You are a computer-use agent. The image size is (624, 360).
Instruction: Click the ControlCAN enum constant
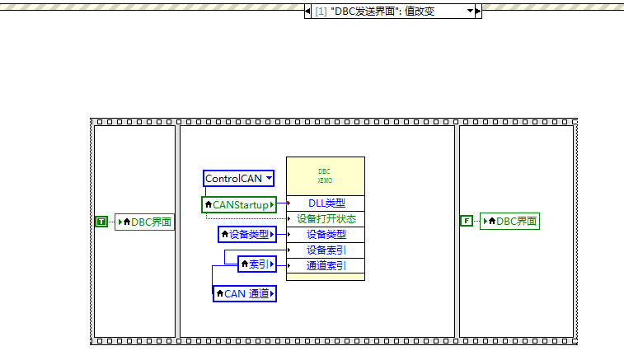[x=233, y=178]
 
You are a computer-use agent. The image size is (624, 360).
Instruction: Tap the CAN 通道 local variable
[x=244, y=293]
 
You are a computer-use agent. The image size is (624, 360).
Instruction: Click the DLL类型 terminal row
[x=326, y=203]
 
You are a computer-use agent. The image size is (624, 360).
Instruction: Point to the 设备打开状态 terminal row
[x=326, y=219]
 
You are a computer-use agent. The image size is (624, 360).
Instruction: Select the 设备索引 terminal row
[x=326, y=250]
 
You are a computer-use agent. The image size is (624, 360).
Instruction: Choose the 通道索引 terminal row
[x=326, y=265]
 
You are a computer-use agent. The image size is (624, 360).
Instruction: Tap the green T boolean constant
[x=101, y=222]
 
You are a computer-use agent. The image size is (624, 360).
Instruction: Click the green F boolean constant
[x=467, y=221]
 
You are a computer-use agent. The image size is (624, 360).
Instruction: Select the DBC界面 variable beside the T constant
[x=145, y=222]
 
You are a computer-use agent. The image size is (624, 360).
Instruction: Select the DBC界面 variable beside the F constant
[x=510, y=221]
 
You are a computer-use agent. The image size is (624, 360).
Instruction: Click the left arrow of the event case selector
[x=308, y=12]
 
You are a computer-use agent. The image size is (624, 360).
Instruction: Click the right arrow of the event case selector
[x=478, y=12]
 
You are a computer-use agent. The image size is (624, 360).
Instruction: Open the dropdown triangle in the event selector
[x=470, y=12]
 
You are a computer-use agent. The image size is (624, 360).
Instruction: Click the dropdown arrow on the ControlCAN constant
[x=268, y=178]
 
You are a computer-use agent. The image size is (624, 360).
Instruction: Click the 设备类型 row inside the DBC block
[x=326, y=235]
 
